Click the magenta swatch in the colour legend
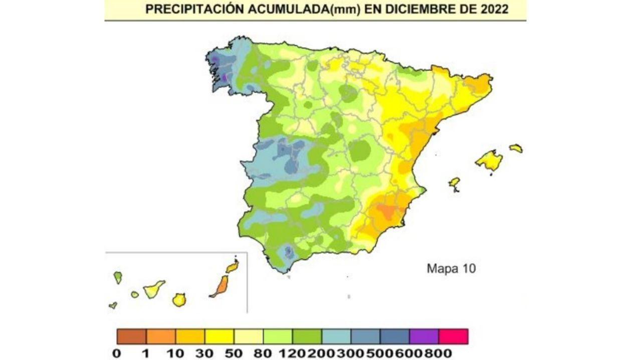click(x=453, y=336)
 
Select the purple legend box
click(x=424, y=336)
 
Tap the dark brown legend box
click(x=131, y=336)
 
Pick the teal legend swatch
click(x=336, y=336)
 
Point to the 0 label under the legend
click(x=117, y=353)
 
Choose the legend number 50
click(x=233, y=353)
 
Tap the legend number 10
click(x=175, y=353)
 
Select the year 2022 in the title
click(x=491, y=9)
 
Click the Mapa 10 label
click(x=451, y=268)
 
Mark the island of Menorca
click(x=516, y=148)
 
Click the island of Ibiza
click(x=454, y=183)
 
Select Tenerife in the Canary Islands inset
click(x=154, y=289)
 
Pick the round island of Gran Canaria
click(x=179, y=300)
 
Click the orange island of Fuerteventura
click(x=220, y=286)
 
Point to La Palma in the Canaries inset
click(x=118, y=277)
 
